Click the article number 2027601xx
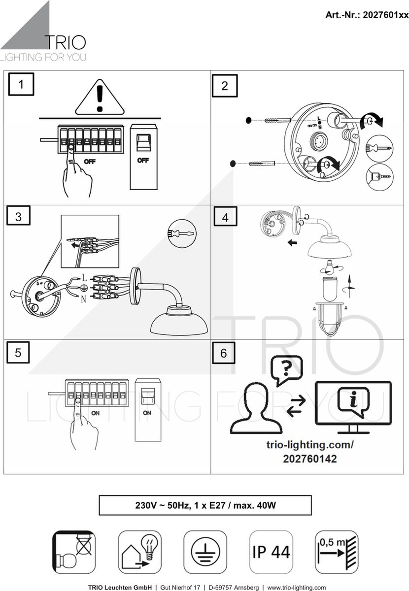385,15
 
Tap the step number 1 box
21,84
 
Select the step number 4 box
225,216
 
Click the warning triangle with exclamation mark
100,97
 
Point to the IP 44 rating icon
271,552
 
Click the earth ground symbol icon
205,552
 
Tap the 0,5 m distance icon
337,552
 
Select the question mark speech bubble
286,370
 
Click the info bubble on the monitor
353,401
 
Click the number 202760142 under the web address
310,459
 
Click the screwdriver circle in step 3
182,233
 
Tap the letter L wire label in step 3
84,278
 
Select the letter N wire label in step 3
83,299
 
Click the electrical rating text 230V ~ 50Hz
162,505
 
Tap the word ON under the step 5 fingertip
95,413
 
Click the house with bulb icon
139,552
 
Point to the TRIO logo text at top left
66,43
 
